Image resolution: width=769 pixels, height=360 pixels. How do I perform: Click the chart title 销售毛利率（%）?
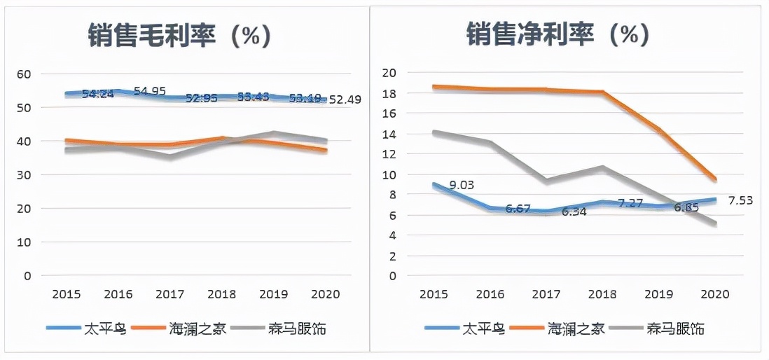click(179, 34)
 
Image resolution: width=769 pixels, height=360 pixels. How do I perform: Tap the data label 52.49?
click(345, 99)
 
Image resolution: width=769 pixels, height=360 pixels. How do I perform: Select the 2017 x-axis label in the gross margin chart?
click(170, 295)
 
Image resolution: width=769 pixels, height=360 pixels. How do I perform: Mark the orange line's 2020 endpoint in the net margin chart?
click(714, 179)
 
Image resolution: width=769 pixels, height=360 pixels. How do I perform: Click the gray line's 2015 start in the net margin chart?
click(434, 132)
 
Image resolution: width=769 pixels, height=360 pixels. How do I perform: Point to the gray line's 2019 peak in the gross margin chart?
click(273, 132)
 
